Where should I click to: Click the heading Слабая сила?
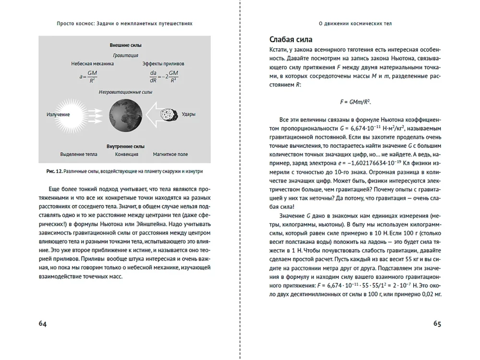291,39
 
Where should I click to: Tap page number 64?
43,324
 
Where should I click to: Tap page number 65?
437,324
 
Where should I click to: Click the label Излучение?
58,115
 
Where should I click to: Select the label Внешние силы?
125,46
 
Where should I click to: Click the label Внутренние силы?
125,146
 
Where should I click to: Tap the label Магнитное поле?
170,155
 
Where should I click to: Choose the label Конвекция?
127,155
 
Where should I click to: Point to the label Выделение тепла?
79,155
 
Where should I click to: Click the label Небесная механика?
93,64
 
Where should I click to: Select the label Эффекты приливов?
163,64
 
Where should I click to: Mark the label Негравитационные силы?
125,92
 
